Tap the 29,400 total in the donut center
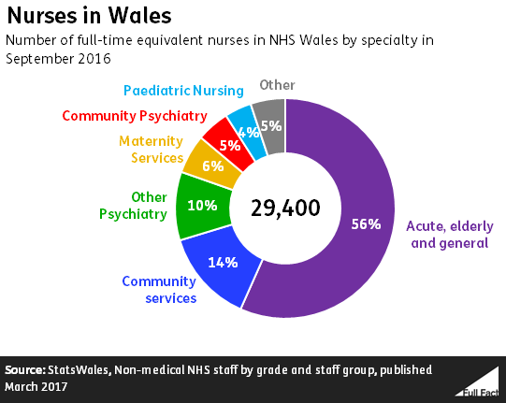(285, 207)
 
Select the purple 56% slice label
(366, 223)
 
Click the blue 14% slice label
(221, 263)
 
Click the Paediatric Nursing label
(183, 91)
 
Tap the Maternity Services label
(151, 150)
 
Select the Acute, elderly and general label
(447, 234)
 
